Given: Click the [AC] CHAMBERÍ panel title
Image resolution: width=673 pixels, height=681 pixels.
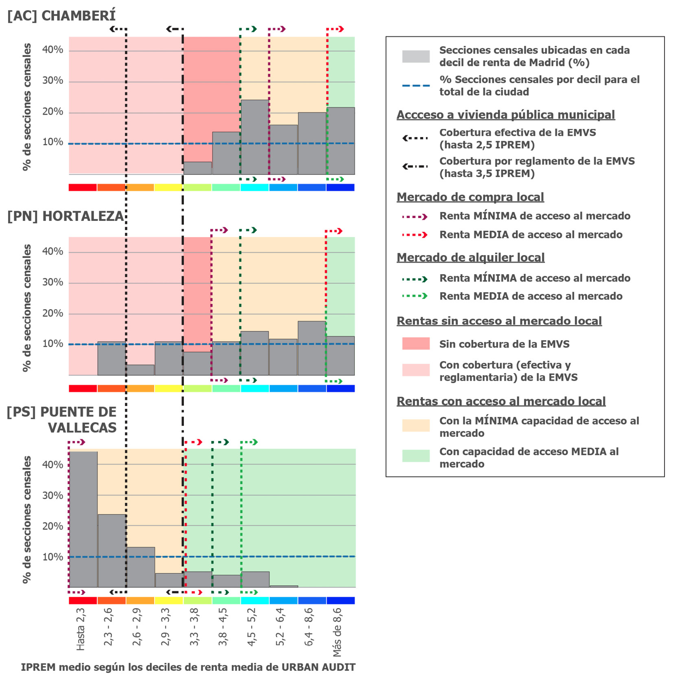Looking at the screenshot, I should pyautogui.click(x=61, y=16).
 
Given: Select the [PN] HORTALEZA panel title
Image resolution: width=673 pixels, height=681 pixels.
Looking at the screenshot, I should pyautogui.click(x=66, y=216).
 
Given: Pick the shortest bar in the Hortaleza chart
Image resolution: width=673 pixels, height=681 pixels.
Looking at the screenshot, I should pyautogui.click(x=140, y=370).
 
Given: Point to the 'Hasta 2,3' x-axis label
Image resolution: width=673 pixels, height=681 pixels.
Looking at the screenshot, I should pyautogui.click(x=81, y=629).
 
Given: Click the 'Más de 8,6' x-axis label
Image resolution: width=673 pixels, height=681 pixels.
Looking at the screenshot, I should pyautogui.click(x=337, y=632).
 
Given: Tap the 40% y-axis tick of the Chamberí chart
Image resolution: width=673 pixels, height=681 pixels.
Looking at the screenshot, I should pyautogui.click(x=53, y=50).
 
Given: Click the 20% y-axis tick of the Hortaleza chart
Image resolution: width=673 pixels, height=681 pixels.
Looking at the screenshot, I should pyautogui.click(x=53, y=313).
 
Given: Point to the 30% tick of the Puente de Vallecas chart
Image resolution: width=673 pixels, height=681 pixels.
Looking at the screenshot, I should pyautogui.click(x=53, y=495).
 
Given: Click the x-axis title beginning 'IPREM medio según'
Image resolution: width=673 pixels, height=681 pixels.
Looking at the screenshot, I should pyautogui.click(x=188, y=667).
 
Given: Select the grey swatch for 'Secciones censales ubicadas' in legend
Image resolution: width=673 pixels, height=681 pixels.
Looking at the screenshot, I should pyautogui.click(x=415, y=57).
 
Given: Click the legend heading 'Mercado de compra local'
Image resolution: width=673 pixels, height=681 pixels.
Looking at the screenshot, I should pyautogui.click(x=470, y=197).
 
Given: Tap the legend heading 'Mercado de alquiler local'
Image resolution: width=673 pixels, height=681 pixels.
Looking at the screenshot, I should pyautogui.click(x=470, y=258).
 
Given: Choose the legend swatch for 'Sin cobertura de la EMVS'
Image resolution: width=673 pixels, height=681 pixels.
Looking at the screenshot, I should pyautogui.click(x=415, y=344).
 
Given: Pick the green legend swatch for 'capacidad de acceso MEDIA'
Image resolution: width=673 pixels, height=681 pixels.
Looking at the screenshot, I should pyautogui.click(x=415, y=456).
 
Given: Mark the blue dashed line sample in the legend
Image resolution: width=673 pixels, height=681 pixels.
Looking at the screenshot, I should pyautogui.click(x=415, y=86).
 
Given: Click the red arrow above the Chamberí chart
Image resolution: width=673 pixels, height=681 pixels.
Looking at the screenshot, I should pyautogui.click(x=336, y=29).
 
